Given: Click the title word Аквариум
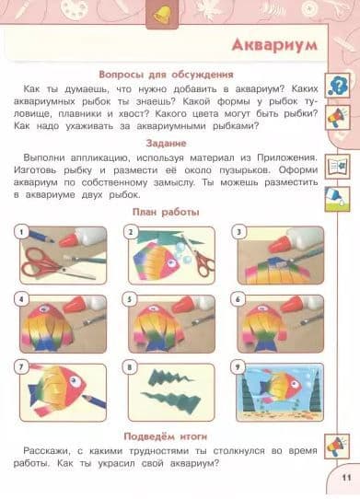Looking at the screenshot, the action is coord(274,45).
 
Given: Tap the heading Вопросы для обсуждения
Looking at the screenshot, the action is coord(166,75).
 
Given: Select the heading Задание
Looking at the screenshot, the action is coord(166,144).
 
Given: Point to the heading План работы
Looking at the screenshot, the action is coord(166,212).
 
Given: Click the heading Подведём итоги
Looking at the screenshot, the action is coord(166,436).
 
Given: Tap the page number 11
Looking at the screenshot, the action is coord(346,478).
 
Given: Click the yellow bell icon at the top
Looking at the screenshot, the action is coord(162,15).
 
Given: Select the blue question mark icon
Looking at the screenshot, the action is coord(337,86).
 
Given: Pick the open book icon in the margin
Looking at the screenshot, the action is coord(337,167).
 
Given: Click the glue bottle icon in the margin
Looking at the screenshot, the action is coord(337,199).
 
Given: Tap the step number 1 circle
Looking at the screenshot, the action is coord(21,232).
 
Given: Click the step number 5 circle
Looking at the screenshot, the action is coord(130,299).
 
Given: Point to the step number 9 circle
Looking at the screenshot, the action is coord(238,367).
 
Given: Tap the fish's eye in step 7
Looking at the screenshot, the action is coord(75,380).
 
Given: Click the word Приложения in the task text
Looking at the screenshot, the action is coord(287,157).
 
